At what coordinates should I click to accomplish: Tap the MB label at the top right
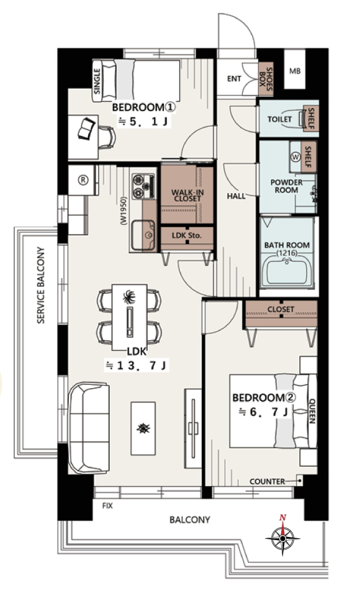[x=295, y=71]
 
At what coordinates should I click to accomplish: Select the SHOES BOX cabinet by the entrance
[x=266, y=78]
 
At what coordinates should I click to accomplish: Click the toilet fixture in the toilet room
[x=303, y=118]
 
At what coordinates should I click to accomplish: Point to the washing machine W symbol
[x=295, y=157]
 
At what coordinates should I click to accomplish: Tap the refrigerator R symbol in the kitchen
[x=83, y=180]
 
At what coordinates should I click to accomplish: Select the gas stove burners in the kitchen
[x=143, y=186]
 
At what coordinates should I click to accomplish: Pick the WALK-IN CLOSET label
[x=187, y=196]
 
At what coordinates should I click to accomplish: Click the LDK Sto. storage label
[x=187, y=235]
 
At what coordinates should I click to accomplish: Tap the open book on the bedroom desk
[x=87, y=129]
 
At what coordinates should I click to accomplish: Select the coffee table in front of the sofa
[x=143, y=428]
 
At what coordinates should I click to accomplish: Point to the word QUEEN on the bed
[x=312, y=411]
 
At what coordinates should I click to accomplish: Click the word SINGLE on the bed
[x=97, y=81]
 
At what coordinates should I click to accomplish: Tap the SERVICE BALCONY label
[x=41, y=286]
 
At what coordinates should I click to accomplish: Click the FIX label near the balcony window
[x=107, y=506]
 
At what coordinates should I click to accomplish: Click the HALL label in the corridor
[x=236, y=196]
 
